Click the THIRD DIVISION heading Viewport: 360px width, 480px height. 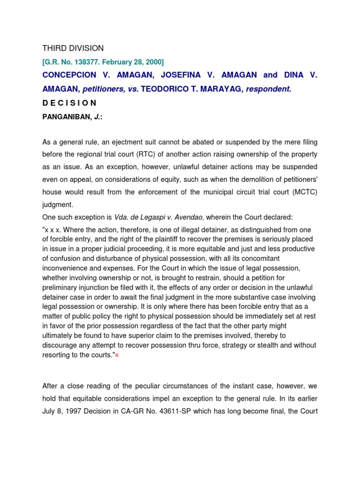(73, 48)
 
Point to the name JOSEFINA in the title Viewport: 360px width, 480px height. (178, 75)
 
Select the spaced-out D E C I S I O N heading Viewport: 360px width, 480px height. (69, 103)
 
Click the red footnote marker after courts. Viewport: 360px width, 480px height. (117, 355)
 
